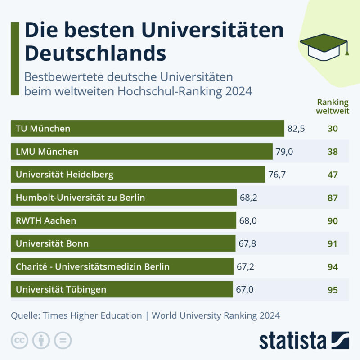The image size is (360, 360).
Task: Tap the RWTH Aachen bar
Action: [x=123, y=220]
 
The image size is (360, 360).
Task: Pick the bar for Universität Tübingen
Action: [x=121, y=289]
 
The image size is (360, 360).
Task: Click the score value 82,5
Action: [x=296, y=129]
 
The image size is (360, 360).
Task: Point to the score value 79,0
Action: [x=284, y=152]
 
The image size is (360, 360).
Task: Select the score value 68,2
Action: [x=248, y=198]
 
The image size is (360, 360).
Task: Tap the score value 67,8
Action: [x=247, y=243]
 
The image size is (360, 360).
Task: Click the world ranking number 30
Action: [x=333, y=129]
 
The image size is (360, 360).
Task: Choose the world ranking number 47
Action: [x=333, y=175]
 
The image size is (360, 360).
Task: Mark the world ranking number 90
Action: [x=333, y=221]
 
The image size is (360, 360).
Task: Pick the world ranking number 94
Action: [x=333, y=267]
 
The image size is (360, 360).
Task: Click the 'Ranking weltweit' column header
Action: [x=333, y=106]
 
